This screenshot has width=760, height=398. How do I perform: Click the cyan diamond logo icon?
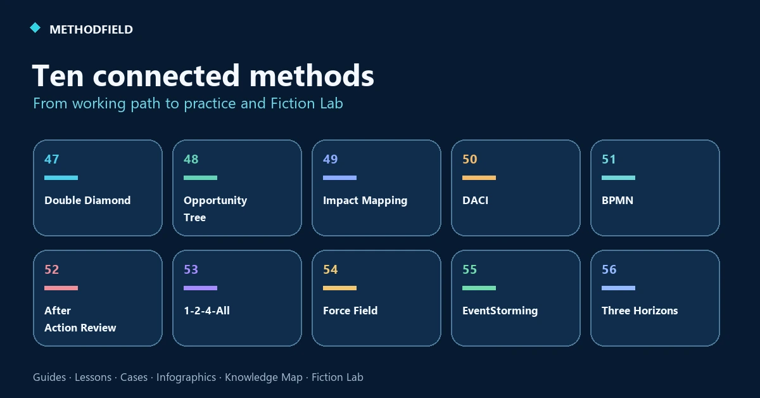pyautogui.click(x=35, y=28)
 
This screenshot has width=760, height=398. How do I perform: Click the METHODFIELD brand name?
pyautogui.click(x=91, y=30)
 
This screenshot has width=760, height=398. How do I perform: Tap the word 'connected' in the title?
pyautogui.click(x=166, y=75)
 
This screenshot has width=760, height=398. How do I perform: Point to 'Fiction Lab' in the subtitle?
pyautogui.click(x=307, y=103)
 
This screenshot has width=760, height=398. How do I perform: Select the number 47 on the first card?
pyautogui.click(x=51, y=159)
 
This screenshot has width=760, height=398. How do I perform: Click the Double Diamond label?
pyautogui.click(x=87, y=200)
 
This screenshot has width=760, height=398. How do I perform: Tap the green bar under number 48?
pyautogui.click(x=201, y=177)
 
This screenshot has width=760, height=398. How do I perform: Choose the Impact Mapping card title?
pyautogui.click(x=365, y=201)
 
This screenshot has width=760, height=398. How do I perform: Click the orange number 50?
pyautogui.click(x=470, y=159)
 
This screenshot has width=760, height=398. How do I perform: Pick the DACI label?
pyautogui.click(x=476, y=200)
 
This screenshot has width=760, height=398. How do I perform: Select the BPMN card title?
pyautogui.click(x=617, y=200)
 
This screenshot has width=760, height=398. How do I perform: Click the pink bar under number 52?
pyautogui.click(x=61, y=288)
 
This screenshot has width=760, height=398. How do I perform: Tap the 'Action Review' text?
pyautogui.click(x=80, y=328)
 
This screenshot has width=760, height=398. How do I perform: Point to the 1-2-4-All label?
pyautogui.click(x=206, y=311)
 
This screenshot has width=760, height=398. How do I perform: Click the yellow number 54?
pyautogui.click(x=331, y=269)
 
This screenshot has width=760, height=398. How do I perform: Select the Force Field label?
pyautogui.click(x=350, y=311)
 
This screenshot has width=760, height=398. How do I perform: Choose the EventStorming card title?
pyautogui.click(x=500, y=311)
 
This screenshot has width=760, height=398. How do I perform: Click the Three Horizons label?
pyautogui.click(x=640, y=311)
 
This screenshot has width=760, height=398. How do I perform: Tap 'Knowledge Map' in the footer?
pyautogui.click(x=263, y=378)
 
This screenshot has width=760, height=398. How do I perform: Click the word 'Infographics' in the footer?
pyautogui.click(x=186, y=378)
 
